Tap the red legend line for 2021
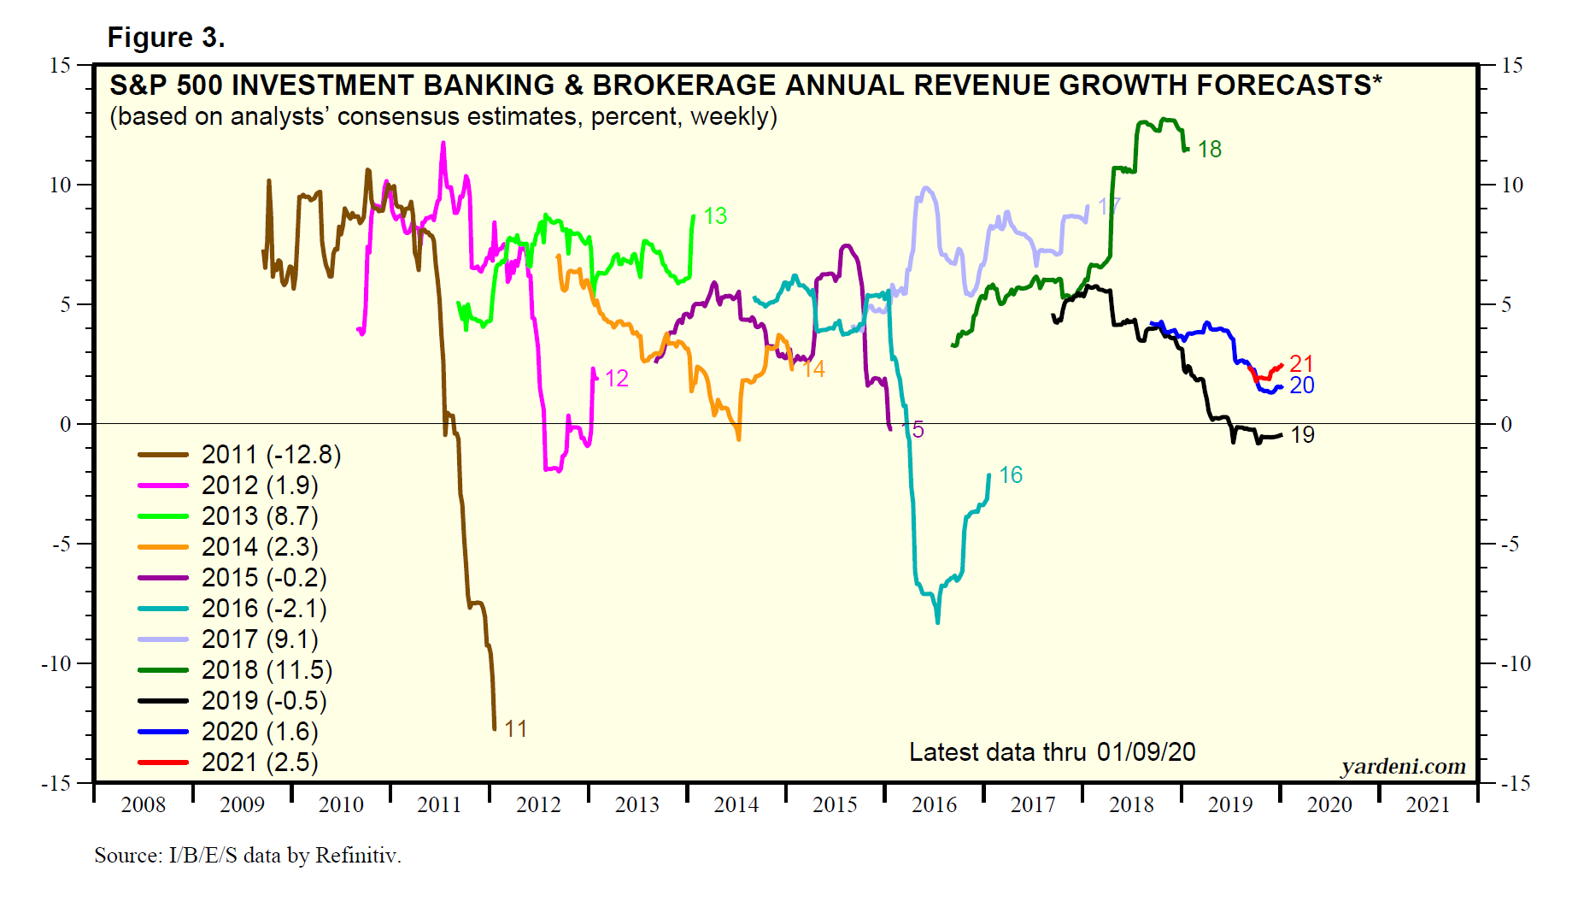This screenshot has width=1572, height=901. [x=162, y=763]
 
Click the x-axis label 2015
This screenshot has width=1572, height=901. [x=835, y=805]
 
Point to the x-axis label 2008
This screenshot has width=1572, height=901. [x=143, y=805]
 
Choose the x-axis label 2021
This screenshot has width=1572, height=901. [x=1428, y=805]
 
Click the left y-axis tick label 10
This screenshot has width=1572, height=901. [x=60, y=185]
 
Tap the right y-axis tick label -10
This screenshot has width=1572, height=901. [x=1516, y=664]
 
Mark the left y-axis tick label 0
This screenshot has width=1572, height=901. [x=66, y=425]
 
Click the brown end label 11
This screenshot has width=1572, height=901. [x=515, y=729]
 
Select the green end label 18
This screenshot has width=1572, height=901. [x=1209, y=150]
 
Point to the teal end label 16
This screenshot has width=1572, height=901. [x=1011, y=475]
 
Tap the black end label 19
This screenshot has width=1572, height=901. [x=1302, y=435]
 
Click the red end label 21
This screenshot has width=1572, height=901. [x=1301, y=363]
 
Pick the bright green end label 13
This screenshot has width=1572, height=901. [x=715, y=216]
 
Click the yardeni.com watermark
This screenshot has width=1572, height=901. [x=1403, y=767]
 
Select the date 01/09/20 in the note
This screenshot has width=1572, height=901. [x=1146, y=752]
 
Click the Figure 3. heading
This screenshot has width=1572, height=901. [x=166, y=38]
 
